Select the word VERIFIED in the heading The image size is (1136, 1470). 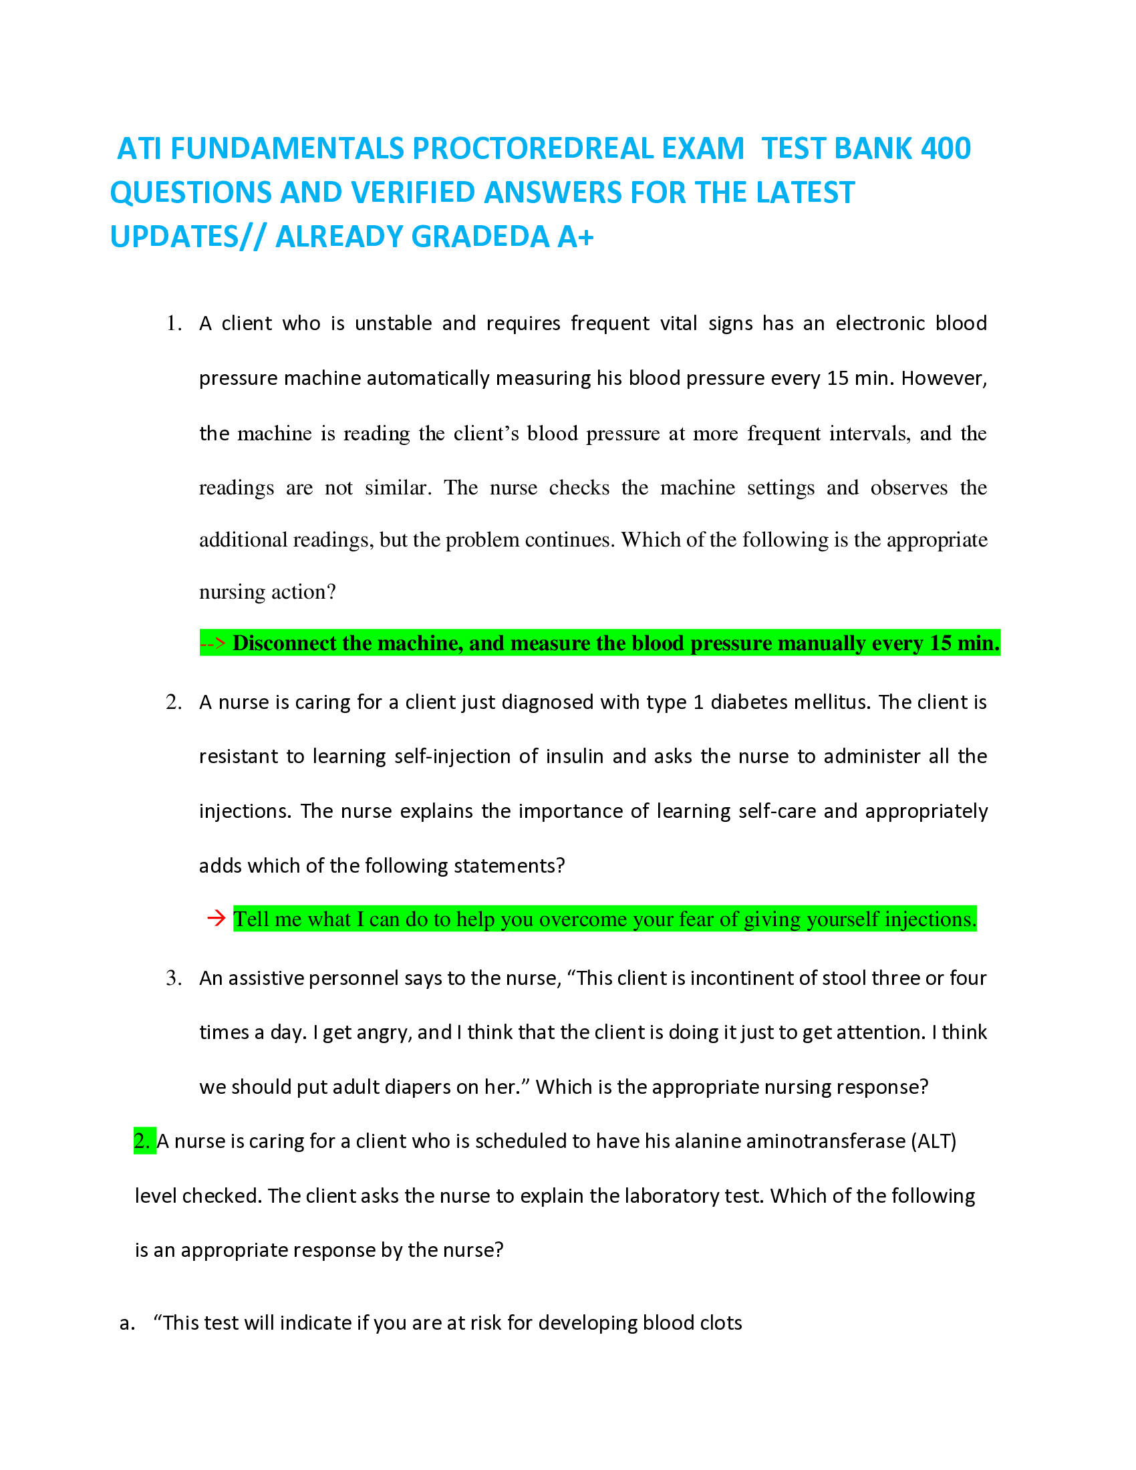pos(414,192)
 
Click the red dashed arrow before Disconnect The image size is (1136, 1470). pos(212,643)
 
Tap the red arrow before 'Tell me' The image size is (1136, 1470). pos(216,918)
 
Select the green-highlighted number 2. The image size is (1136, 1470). pos(144,1141)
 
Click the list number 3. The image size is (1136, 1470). pos(174,978)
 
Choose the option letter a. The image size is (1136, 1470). pos(126,1322)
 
